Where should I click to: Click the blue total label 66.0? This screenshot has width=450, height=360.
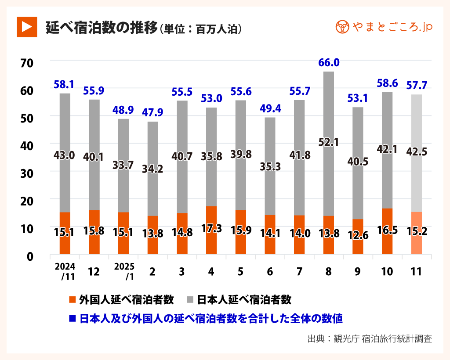click(x=328, y=63)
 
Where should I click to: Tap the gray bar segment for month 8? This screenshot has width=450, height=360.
click(x=329, y=110)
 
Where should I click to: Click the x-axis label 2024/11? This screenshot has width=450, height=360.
click(x=65, y=271)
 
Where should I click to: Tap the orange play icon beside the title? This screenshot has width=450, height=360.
click(x=26, y=27)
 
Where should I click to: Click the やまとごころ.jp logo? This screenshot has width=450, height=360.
click(x=384, y=27)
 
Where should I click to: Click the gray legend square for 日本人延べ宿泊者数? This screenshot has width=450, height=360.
click(x=190, y=300)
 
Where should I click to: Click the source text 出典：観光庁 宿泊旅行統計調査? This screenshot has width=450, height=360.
click(x=370, y=339)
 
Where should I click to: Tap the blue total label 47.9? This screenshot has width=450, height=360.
click(x=152, y=112)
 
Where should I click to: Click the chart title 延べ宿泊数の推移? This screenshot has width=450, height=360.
click(x=102, y=28)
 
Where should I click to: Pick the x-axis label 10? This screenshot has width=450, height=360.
click(x=387, y=272)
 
